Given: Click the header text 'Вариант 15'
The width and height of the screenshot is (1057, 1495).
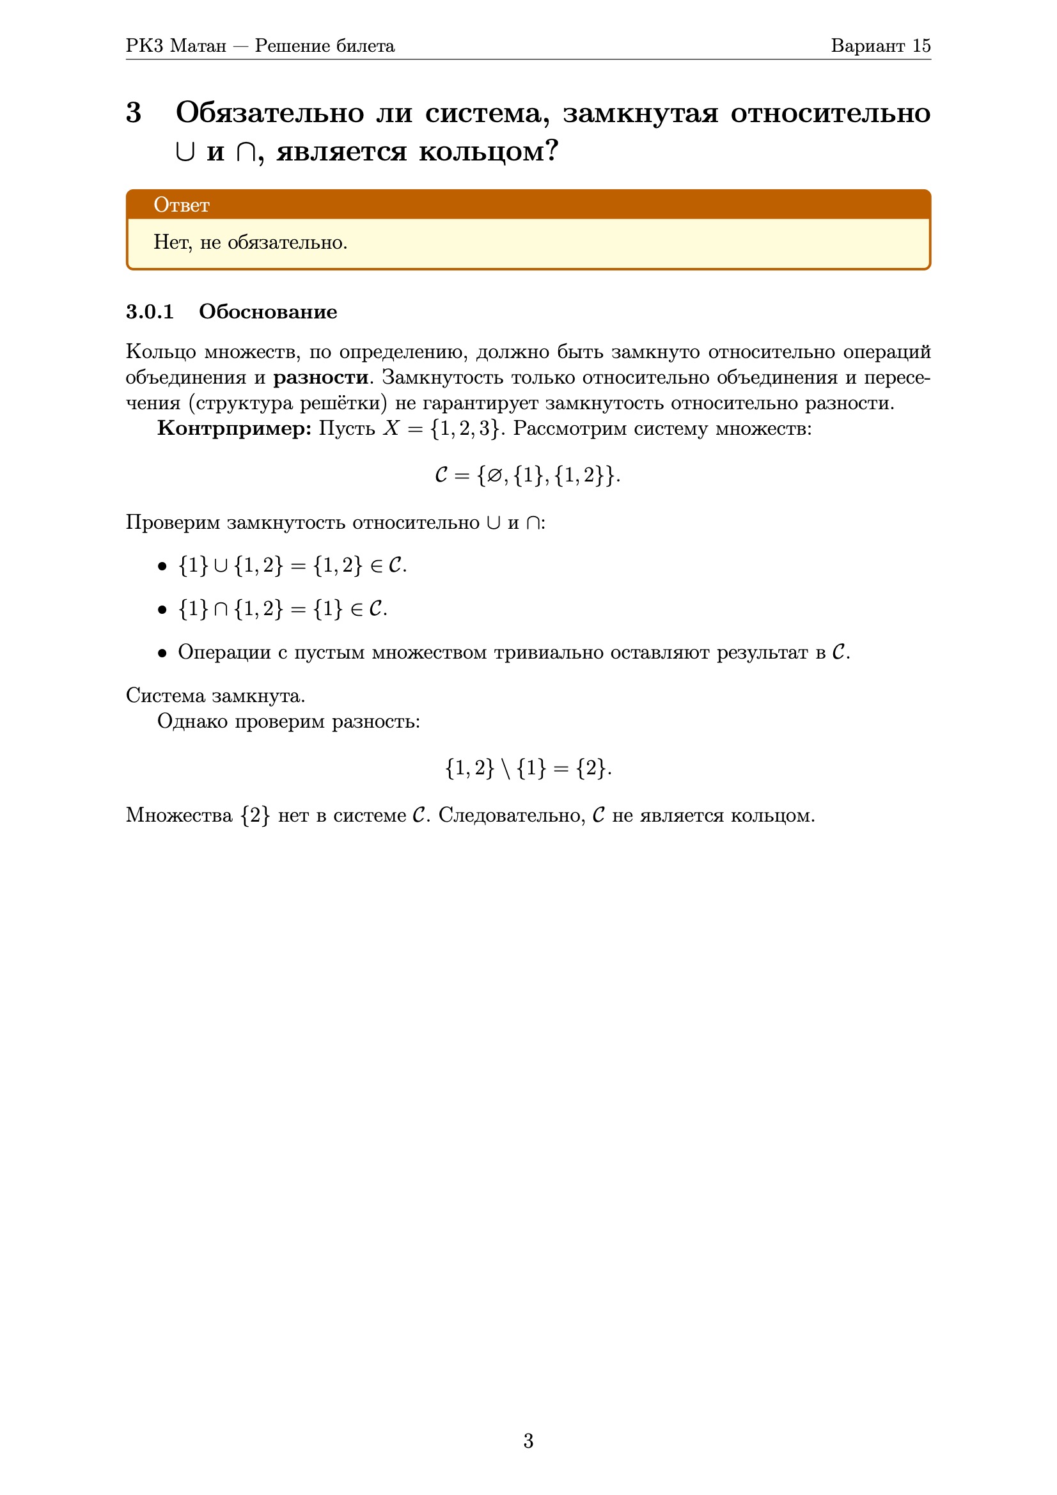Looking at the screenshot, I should pos(880,45).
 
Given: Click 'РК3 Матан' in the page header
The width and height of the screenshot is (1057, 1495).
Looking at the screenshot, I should pos(176,45).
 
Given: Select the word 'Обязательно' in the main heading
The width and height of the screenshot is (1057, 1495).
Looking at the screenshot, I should pos(270,113).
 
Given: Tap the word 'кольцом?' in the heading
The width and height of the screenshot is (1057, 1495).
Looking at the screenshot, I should pos(489,152).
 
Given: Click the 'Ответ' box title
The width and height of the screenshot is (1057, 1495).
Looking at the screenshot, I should pos(181,205).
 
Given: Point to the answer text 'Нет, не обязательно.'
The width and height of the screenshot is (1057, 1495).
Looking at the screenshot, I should pos(250,242).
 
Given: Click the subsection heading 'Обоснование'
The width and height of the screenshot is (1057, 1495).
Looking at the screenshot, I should pos(268,311).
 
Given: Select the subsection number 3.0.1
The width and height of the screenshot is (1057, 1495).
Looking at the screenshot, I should pos(150,311).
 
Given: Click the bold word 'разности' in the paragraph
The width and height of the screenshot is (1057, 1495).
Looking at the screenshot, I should pos(320,378).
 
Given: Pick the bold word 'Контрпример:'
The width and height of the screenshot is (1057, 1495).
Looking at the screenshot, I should pos(235,428).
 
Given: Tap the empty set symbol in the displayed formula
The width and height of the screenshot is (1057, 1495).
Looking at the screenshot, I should pos(494,476).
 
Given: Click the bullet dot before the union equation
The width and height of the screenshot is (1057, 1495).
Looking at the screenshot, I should pos(162,567).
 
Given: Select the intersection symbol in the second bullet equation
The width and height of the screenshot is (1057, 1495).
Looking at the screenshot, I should pos(221,609).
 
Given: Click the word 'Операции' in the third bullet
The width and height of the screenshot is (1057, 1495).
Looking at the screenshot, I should pos(224,652).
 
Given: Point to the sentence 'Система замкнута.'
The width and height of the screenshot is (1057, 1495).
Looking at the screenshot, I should pos(215,696).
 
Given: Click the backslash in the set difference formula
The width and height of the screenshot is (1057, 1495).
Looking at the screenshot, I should pos(506,769).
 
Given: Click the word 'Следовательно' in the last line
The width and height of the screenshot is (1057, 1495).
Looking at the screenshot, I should pos(512,815).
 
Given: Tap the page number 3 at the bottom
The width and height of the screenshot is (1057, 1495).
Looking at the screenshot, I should pos(528,1441).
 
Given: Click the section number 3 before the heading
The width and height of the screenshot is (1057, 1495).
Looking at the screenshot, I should pos(134,113).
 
